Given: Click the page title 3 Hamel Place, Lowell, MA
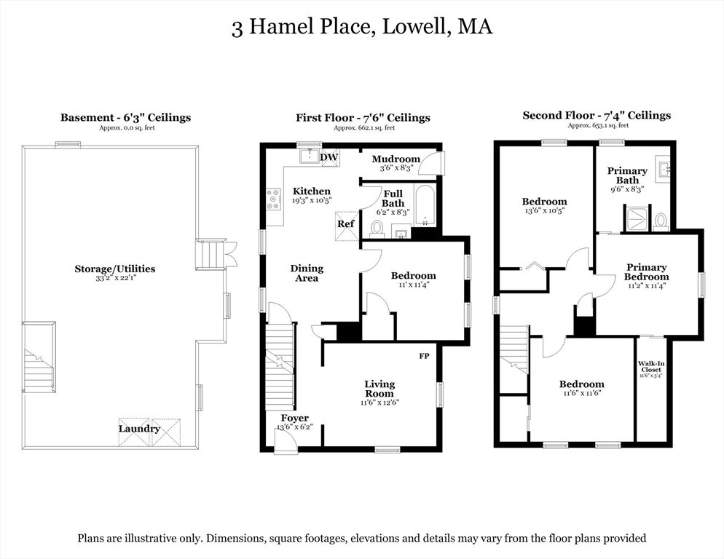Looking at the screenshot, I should click(362, 28).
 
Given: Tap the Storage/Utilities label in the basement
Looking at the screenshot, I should click(114, 269).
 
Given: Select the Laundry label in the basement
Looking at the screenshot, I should click(139, 429).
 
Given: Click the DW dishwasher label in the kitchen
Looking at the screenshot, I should click(329, 156).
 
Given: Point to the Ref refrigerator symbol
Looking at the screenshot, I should click(346, 223).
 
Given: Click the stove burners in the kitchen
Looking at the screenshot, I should click(274, 199).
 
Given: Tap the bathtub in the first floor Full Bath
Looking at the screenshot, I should click(424, 205).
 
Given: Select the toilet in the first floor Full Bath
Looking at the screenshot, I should click(377, 229).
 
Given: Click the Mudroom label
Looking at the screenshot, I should click(396, 159).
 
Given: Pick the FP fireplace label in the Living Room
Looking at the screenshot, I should click(425, 357).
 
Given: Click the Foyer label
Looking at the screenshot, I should click(295, 418).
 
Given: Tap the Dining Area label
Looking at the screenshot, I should click(307, 273).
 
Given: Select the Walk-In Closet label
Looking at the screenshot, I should click(650, 366).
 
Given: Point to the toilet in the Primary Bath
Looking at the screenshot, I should click(661, 221).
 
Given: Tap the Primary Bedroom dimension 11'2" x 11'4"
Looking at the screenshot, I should click(646, 286).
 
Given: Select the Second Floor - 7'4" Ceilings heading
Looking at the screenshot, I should click(597, 115).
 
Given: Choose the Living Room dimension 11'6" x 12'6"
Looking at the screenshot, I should click(379, 403).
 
